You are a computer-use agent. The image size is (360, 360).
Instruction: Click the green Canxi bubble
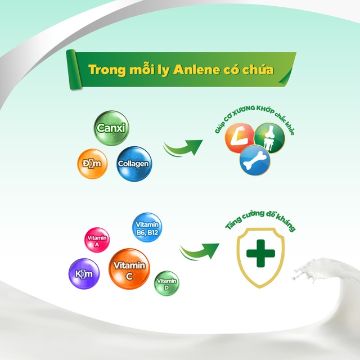coord(111,129)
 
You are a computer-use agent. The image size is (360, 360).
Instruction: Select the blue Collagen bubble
coord(133,164)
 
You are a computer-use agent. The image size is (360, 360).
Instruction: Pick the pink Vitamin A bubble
coord(96,240)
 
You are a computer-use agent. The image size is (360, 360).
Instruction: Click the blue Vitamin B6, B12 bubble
coord(146,228)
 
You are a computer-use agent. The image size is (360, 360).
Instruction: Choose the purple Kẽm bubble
coord(83,274)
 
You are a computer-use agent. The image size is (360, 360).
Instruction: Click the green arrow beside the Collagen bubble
coord(182,147)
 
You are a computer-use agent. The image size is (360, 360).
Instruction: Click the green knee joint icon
coord(269,137)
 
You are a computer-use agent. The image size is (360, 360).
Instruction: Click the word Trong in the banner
coord(107,70)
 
